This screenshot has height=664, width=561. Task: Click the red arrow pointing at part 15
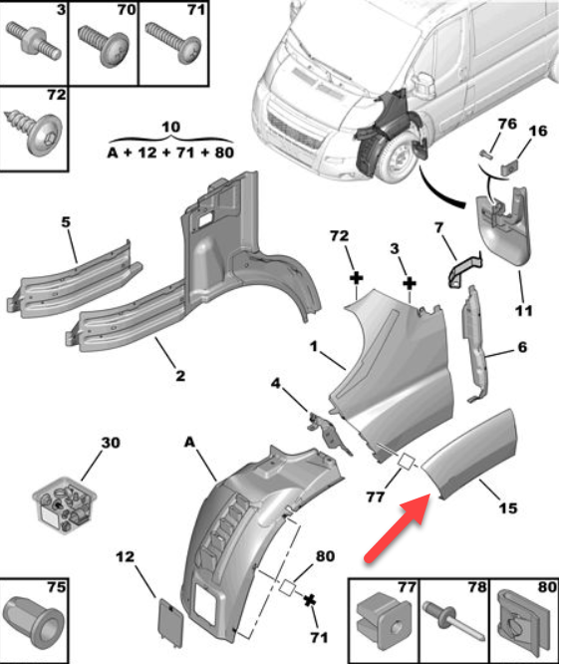tap(398, 528)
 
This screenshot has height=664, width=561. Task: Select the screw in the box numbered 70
tap(104, 46)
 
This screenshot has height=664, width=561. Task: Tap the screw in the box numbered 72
tap(34, 131)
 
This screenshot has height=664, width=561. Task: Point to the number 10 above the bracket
tap(171, 127)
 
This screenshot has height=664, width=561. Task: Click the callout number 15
tap(508, 507)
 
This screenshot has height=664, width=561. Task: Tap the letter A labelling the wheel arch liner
tap(189, 443)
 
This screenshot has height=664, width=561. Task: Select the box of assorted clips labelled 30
tap(65, 505)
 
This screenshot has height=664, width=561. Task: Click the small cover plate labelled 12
tap(170, 622)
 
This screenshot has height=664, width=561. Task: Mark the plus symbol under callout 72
tap(357, 278)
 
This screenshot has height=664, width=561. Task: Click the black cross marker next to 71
tap(310, 600)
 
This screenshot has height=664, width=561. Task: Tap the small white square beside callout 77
tap(407, 461)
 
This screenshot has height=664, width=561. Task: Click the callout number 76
tap(507, 124)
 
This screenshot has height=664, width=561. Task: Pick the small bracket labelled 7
tap(463, 269)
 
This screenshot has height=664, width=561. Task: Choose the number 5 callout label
tap(66, 222)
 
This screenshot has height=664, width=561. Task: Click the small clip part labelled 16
tap(510, 167)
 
